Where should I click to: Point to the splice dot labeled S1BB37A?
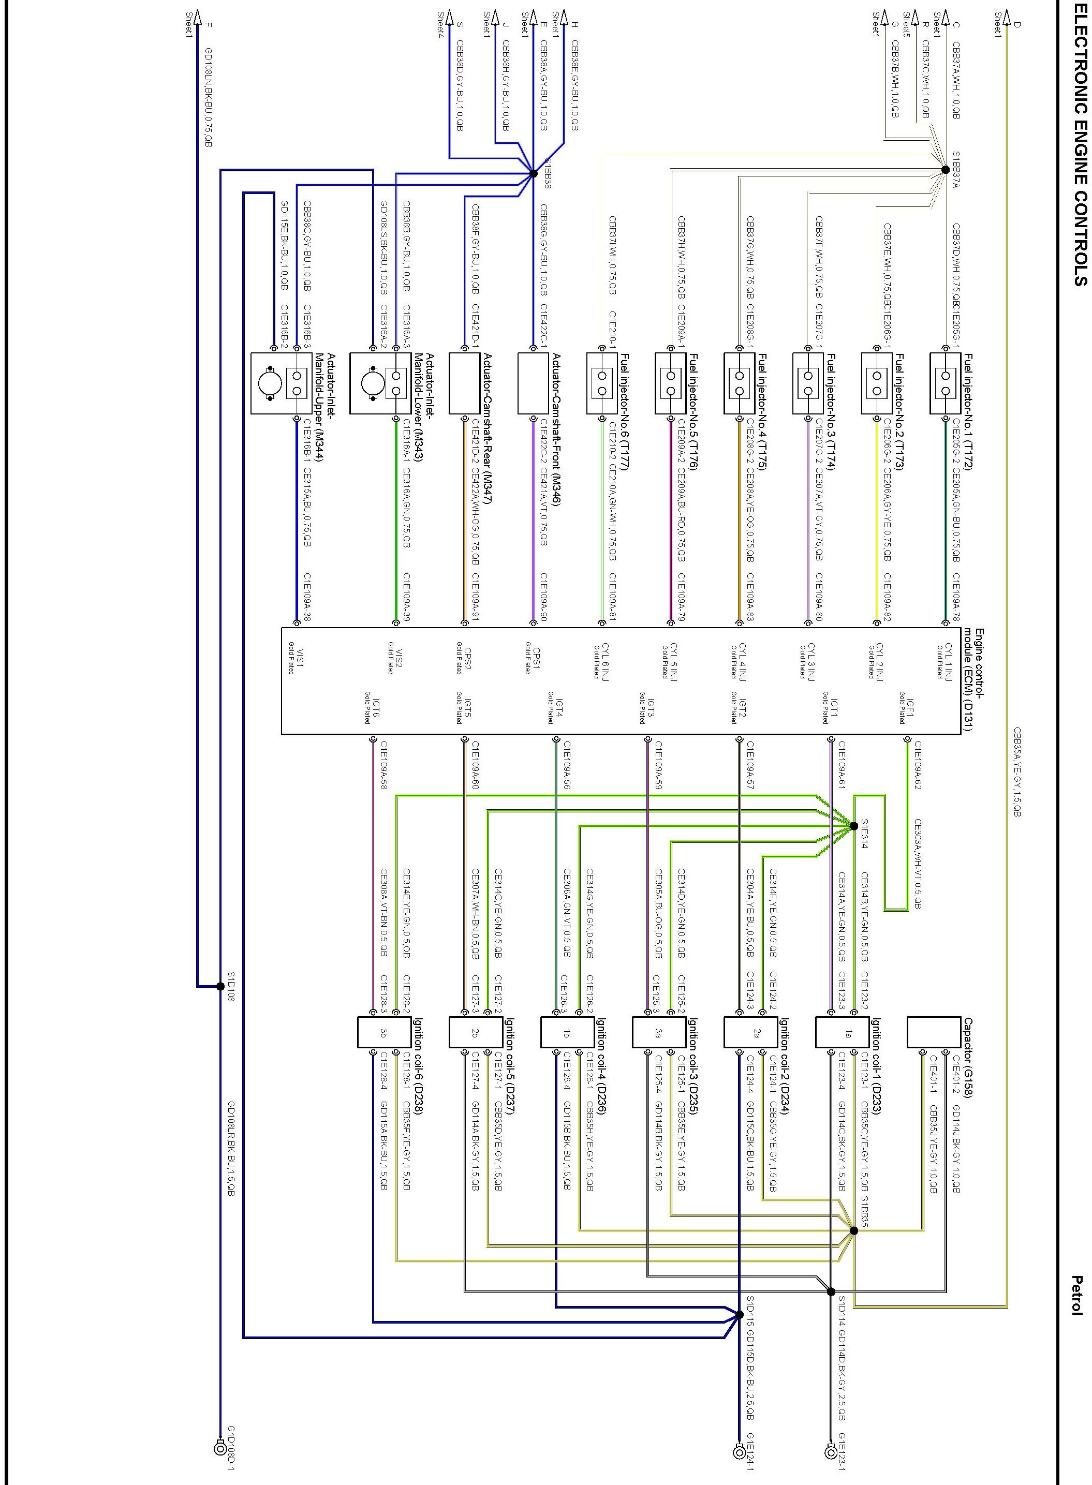click(x=945, y=170)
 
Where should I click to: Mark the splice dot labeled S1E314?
click(x=853, y=826)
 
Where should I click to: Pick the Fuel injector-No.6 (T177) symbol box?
click(x=601, y=383)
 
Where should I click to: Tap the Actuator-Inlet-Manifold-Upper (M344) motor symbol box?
click(x=281, y=383)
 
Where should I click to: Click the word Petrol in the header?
click(x=1078, y=1295)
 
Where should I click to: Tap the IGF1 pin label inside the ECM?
click(x=907, y=709)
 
